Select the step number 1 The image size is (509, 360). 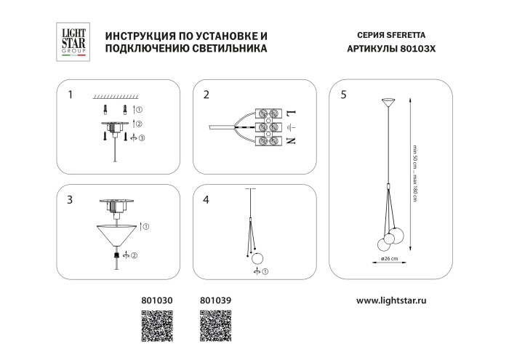(x=70, y=95)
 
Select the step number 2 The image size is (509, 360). (x=206, y=95)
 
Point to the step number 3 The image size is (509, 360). (x=70, y=199)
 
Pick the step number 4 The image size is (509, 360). (x=206, y=199)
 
